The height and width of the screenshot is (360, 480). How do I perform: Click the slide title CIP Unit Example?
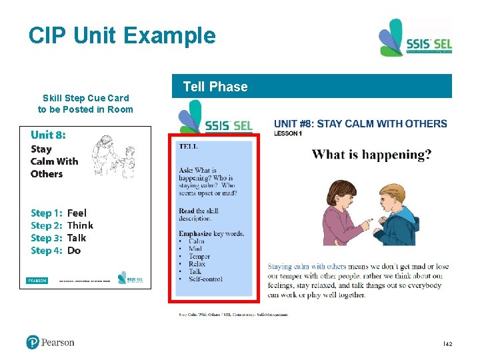click(x=122, y=35)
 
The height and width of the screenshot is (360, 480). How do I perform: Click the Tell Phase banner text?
click(x=215, y=87)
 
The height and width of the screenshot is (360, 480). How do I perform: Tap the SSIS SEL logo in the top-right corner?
click(x=415, y=39)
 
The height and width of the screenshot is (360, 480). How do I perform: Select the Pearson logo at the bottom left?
click(x=51, y=343)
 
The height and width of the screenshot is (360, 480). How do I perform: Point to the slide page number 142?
click(x=448, y=343)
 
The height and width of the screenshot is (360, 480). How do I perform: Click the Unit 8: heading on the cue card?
click(x=48, y=135)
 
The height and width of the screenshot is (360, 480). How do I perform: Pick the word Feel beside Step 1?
click(x=77, y=213)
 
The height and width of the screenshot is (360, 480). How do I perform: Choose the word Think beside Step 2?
click(x=80, y=225)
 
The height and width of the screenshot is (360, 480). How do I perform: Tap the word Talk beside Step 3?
click(x=77, y=238)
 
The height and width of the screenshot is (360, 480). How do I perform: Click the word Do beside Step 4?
click(x=74, y=251)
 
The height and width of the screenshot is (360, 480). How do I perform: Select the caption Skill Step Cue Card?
click(x=85, y=98)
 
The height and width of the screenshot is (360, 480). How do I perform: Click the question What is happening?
click(x=371, y=155)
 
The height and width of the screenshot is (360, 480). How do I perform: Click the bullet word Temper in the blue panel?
click(x=199, y=256)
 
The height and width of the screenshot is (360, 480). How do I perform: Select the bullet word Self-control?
click(x=205, y=279)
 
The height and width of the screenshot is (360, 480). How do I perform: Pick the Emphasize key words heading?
click(x=211, y=233)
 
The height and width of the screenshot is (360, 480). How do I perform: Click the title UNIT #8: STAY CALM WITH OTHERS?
click(x=360, y=124)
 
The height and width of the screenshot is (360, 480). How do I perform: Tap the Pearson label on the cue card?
click(x=37, y=281)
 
